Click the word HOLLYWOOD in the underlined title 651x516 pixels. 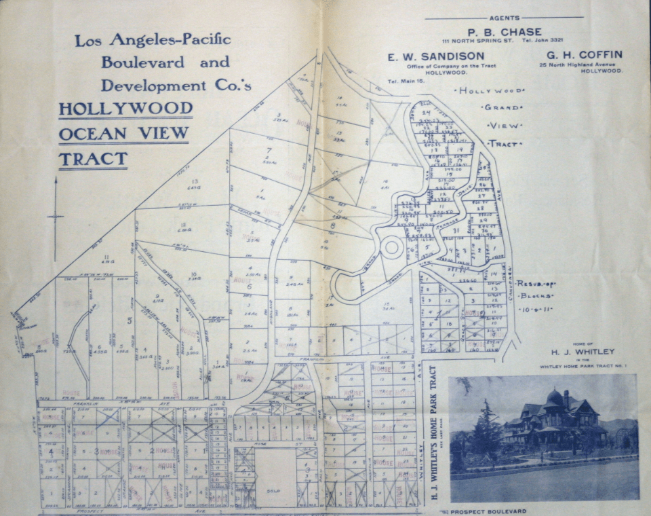coord(125,109)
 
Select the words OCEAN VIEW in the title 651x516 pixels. coord(123,134)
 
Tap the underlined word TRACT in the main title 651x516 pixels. coord(93,160)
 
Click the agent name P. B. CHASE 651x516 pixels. coord(504,32)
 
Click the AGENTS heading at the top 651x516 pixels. coord(505,17)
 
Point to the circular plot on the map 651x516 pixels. coord(391,247)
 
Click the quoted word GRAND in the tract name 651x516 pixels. coord(502,108)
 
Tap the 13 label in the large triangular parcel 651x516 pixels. coord(195,182)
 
